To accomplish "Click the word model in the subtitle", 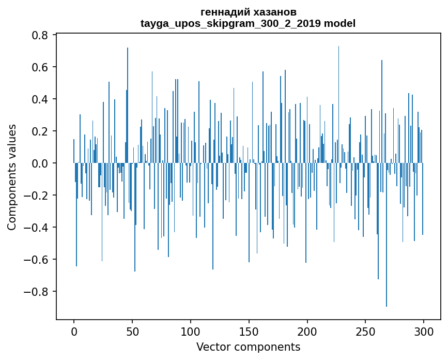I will [x=339, y=23].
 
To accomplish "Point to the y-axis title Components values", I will [x=12, y=177].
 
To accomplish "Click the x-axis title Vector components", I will [x=248, y=347].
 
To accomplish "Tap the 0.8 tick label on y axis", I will [x=40, y=35].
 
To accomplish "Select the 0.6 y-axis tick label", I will [x=40, y=67].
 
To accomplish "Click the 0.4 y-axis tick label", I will [x=40, y=99].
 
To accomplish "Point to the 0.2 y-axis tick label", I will [x=40, y=131].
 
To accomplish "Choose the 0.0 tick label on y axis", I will [x=40, y=163].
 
